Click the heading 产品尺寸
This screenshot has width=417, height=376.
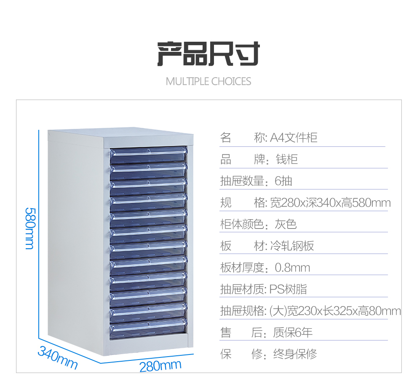click(x=208, y=54)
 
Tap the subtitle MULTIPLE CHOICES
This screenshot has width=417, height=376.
click(x=208, y=81)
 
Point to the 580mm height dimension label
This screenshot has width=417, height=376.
click(x=30, y=228)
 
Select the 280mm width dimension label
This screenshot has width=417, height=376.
click(x=160, y=365)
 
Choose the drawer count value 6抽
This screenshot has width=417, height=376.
click(x=283, y=181)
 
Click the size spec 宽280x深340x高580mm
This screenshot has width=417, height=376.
click(x=330, y=203)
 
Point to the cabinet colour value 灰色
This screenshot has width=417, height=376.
click(x=286, y=224)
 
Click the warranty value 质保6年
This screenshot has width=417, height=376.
click(x=293, y=333)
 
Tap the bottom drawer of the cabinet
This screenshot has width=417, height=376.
click(x=148, y=326)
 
